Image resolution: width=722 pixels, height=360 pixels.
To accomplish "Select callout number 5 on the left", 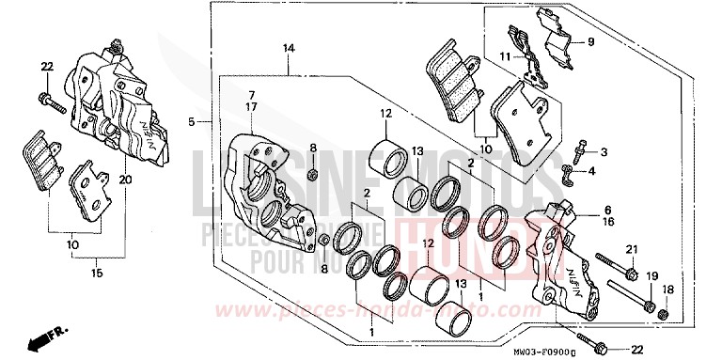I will click(x=191, y=121).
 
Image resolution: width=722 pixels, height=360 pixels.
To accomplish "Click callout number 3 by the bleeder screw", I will click(x=604, y=151).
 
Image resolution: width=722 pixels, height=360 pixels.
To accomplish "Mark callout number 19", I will click(x=650, y=275).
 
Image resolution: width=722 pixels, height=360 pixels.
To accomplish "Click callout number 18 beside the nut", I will click(x=667, y=290).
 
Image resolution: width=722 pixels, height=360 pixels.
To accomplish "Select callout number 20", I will click(x=126, y=179).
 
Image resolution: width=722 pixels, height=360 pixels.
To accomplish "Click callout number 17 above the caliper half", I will click(x=252, y=107).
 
